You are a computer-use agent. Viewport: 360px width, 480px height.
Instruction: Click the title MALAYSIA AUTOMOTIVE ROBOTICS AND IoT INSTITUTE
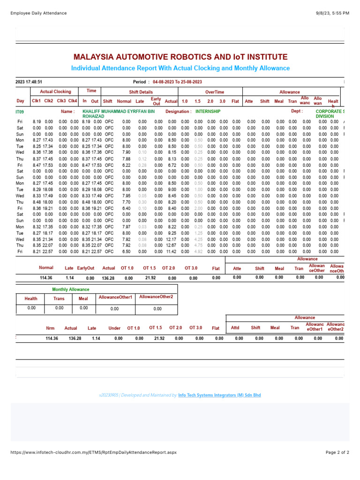(180, 57)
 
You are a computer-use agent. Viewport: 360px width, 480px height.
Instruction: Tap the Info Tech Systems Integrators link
(219, 395)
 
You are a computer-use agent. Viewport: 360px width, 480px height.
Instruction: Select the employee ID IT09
(20, 112)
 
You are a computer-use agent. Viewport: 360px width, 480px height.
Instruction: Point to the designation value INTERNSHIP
(208, 112)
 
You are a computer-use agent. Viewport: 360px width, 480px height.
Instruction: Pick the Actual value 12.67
(171, 245)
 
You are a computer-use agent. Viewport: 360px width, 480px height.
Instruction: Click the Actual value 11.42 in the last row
(171, 251)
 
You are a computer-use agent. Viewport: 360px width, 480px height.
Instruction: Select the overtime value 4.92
(198, 251)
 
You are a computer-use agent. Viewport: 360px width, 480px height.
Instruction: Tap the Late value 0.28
(142, 165)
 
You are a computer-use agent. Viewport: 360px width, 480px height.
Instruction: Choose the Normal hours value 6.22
(126, 165)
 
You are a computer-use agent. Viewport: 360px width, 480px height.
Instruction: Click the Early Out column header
(156, 101)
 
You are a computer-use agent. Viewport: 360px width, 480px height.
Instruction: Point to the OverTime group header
(214, 92)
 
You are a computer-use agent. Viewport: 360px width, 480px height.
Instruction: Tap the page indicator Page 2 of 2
(337, 452)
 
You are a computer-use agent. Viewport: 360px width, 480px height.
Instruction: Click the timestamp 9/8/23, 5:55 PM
(333, 13)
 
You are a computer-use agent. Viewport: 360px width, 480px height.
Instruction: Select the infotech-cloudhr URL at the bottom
(93, 452)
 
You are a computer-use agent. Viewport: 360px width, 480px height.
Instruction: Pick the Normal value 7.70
(126, 202)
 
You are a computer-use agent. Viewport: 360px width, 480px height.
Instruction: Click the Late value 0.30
(142, 202)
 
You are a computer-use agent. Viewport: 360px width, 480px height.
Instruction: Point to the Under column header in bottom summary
(114, 328)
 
